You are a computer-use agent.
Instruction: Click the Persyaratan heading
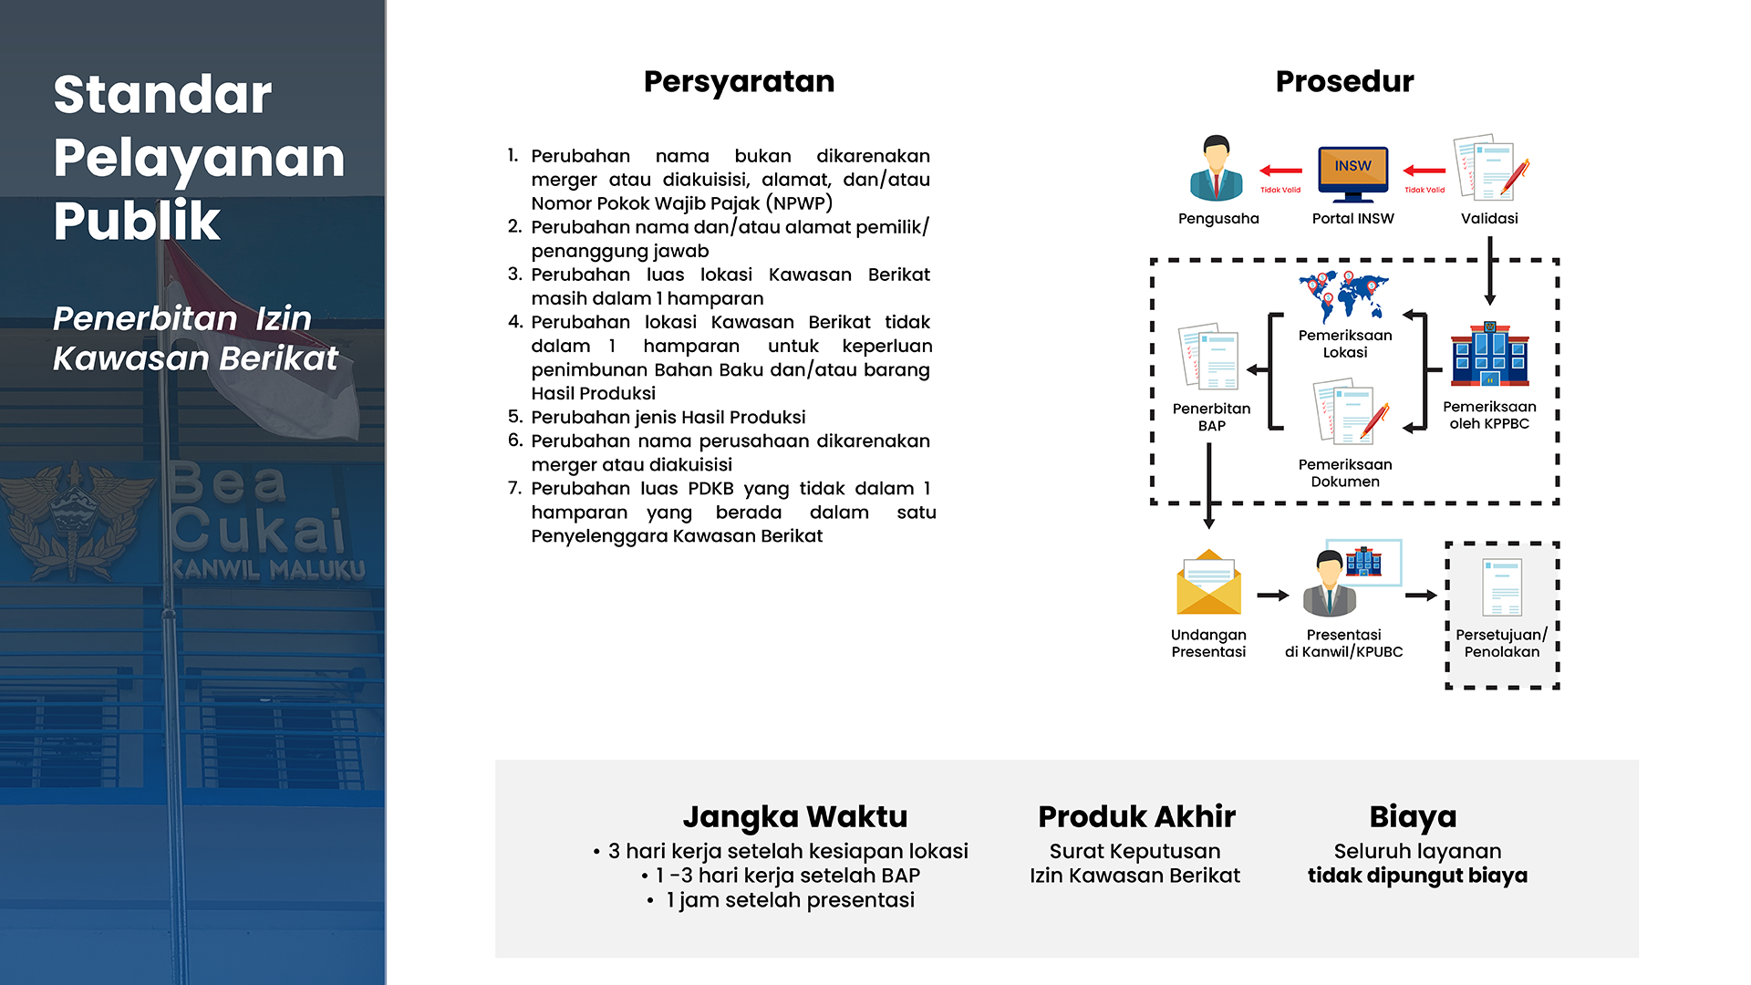pos(739,82)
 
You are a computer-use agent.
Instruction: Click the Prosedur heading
pos(1344,82)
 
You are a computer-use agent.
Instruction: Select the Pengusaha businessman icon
pos(1217,168)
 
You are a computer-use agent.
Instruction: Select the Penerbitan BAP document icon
pos(1209,358)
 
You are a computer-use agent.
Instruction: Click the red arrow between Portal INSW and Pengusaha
pos(1281,171)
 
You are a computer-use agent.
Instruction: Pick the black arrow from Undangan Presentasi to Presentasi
pos(1273,596)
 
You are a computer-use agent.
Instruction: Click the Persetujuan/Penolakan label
pos(1501,643)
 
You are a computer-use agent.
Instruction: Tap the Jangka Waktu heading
pos(794,817)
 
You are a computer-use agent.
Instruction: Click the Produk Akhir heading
pos(1136,816)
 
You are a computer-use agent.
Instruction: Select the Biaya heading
pos(1413,817)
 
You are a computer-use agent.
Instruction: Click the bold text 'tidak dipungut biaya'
pos(1417,876)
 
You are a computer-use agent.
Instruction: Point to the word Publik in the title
pos(137,221)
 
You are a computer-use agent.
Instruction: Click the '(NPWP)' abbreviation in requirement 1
pos(799,203)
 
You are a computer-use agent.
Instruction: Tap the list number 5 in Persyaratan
pos(515,417)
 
